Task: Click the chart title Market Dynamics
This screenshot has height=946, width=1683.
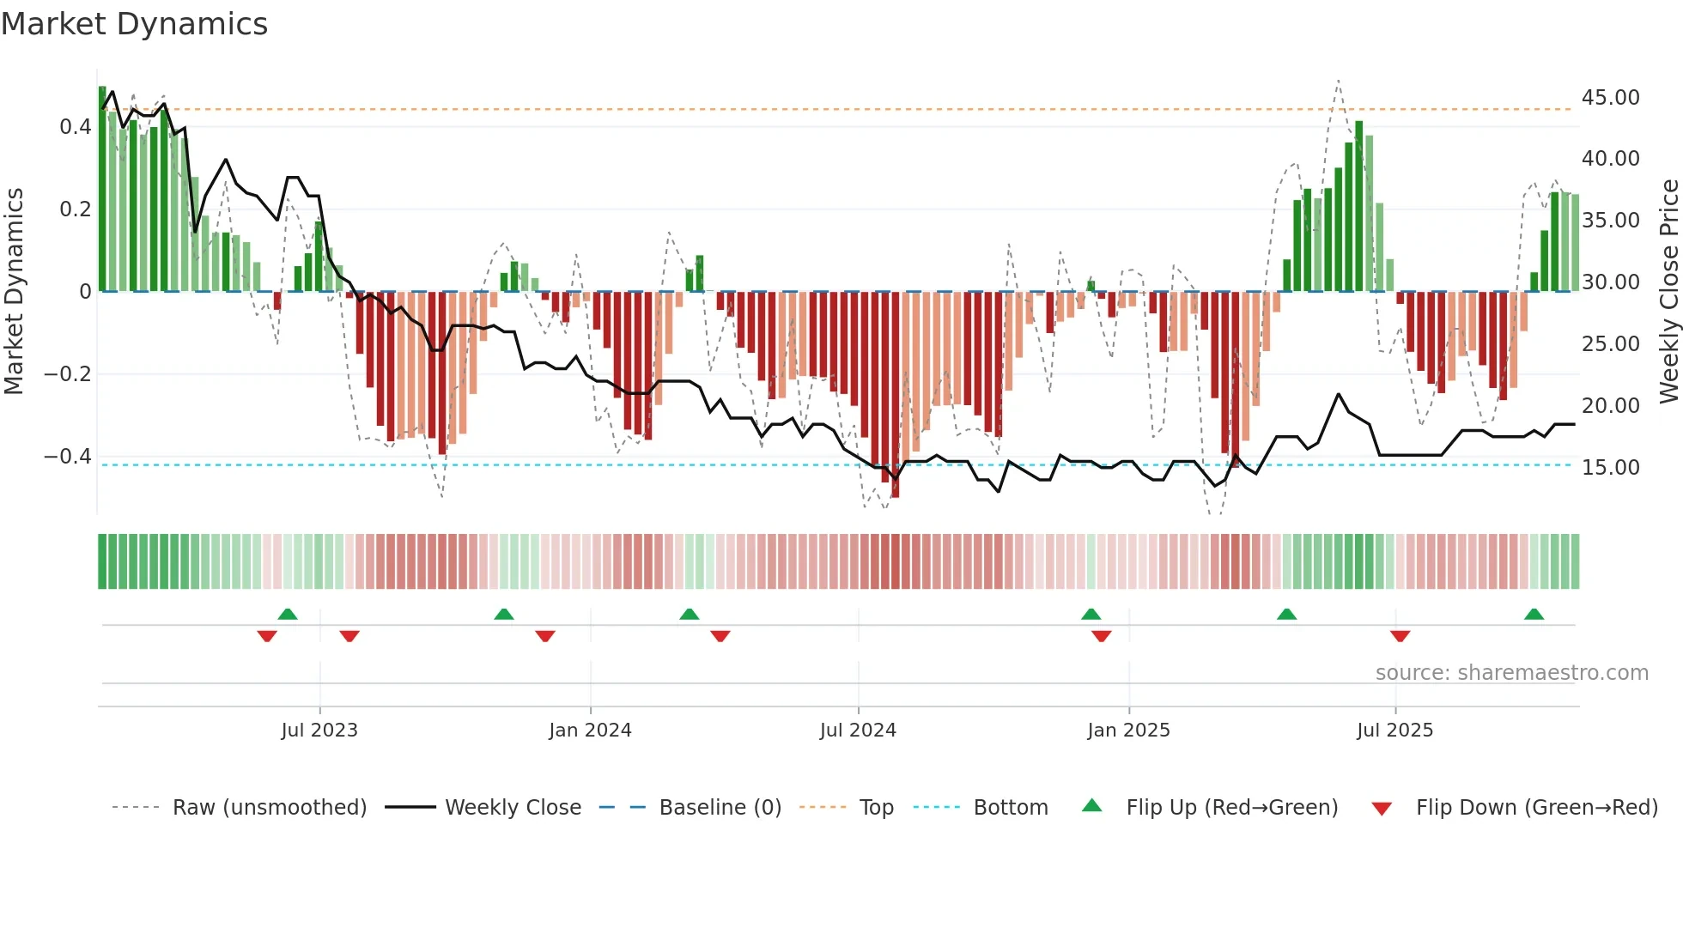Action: point(135,24)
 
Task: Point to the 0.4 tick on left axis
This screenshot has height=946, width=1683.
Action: point(75,127)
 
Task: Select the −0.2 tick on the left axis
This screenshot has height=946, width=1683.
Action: point(68,374)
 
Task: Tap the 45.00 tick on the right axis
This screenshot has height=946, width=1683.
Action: point(1610,98)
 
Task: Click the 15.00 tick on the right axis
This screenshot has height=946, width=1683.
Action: point(1610,468)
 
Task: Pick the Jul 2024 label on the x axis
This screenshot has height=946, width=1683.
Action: point(858,731)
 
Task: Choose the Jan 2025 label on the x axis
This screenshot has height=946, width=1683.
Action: point(1128,731)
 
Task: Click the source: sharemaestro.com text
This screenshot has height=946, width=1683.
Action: point(1511,673)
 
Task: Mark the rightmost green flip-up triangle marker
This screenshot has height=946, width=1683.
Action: point(1534,614)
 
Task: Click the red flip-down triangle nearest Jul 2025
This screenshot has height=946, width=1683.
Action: point(1400,636)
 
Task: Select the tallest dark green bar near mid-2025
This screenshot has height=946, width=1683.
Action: point(1358,206)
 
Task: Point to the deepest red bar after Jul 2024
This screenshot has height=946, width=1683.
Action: point(895,395)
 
